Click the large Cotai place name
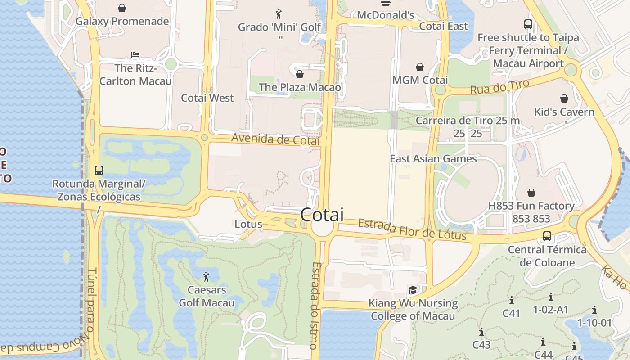pyautogui.click(x=322, y=215)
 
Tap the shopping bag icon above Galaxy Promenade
pyautogui.click(x=122, y=8)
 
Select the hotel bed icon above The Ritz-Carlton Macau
pyautogui.click(x=135, y=55)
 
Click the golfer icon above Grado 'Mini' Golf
pyautogui.click(x=279, y=14)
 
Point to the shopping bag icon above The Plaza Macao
pyautogui.click(x=300, y=74)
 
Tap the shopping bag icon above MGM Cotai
pyautogui.click(x=420, y=67)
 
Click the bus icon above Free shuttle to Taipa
pyautogui.click(x=528, y=24)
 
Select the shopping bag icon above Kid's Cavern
pyautogui.click(x=564, y=99)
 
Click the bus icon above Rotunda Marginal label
pyautogui.click(x=99, y=171)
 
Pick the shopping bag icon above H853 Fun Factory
pyautogui.click(x=531, y=193)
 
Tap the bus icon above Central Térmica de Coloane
pyautogui.click(x=547, y=236)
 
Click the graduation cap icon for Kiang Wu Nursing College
pyautogui.click(x=413, y=290)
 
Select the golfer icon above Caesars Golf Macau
pyautogui.click(x=207, y=276)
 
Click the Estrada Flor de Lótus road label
pyautogui.click(x=412, y=229)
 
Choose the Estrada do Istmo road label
pyautogui.click(x=315, y=306)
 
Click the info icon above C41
pyautogui.click(x=511, y=300)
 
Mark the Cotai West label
pyautogui.click(x=207, y=98)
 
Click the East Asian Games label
pyautogui.click(x=433, y=159)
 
